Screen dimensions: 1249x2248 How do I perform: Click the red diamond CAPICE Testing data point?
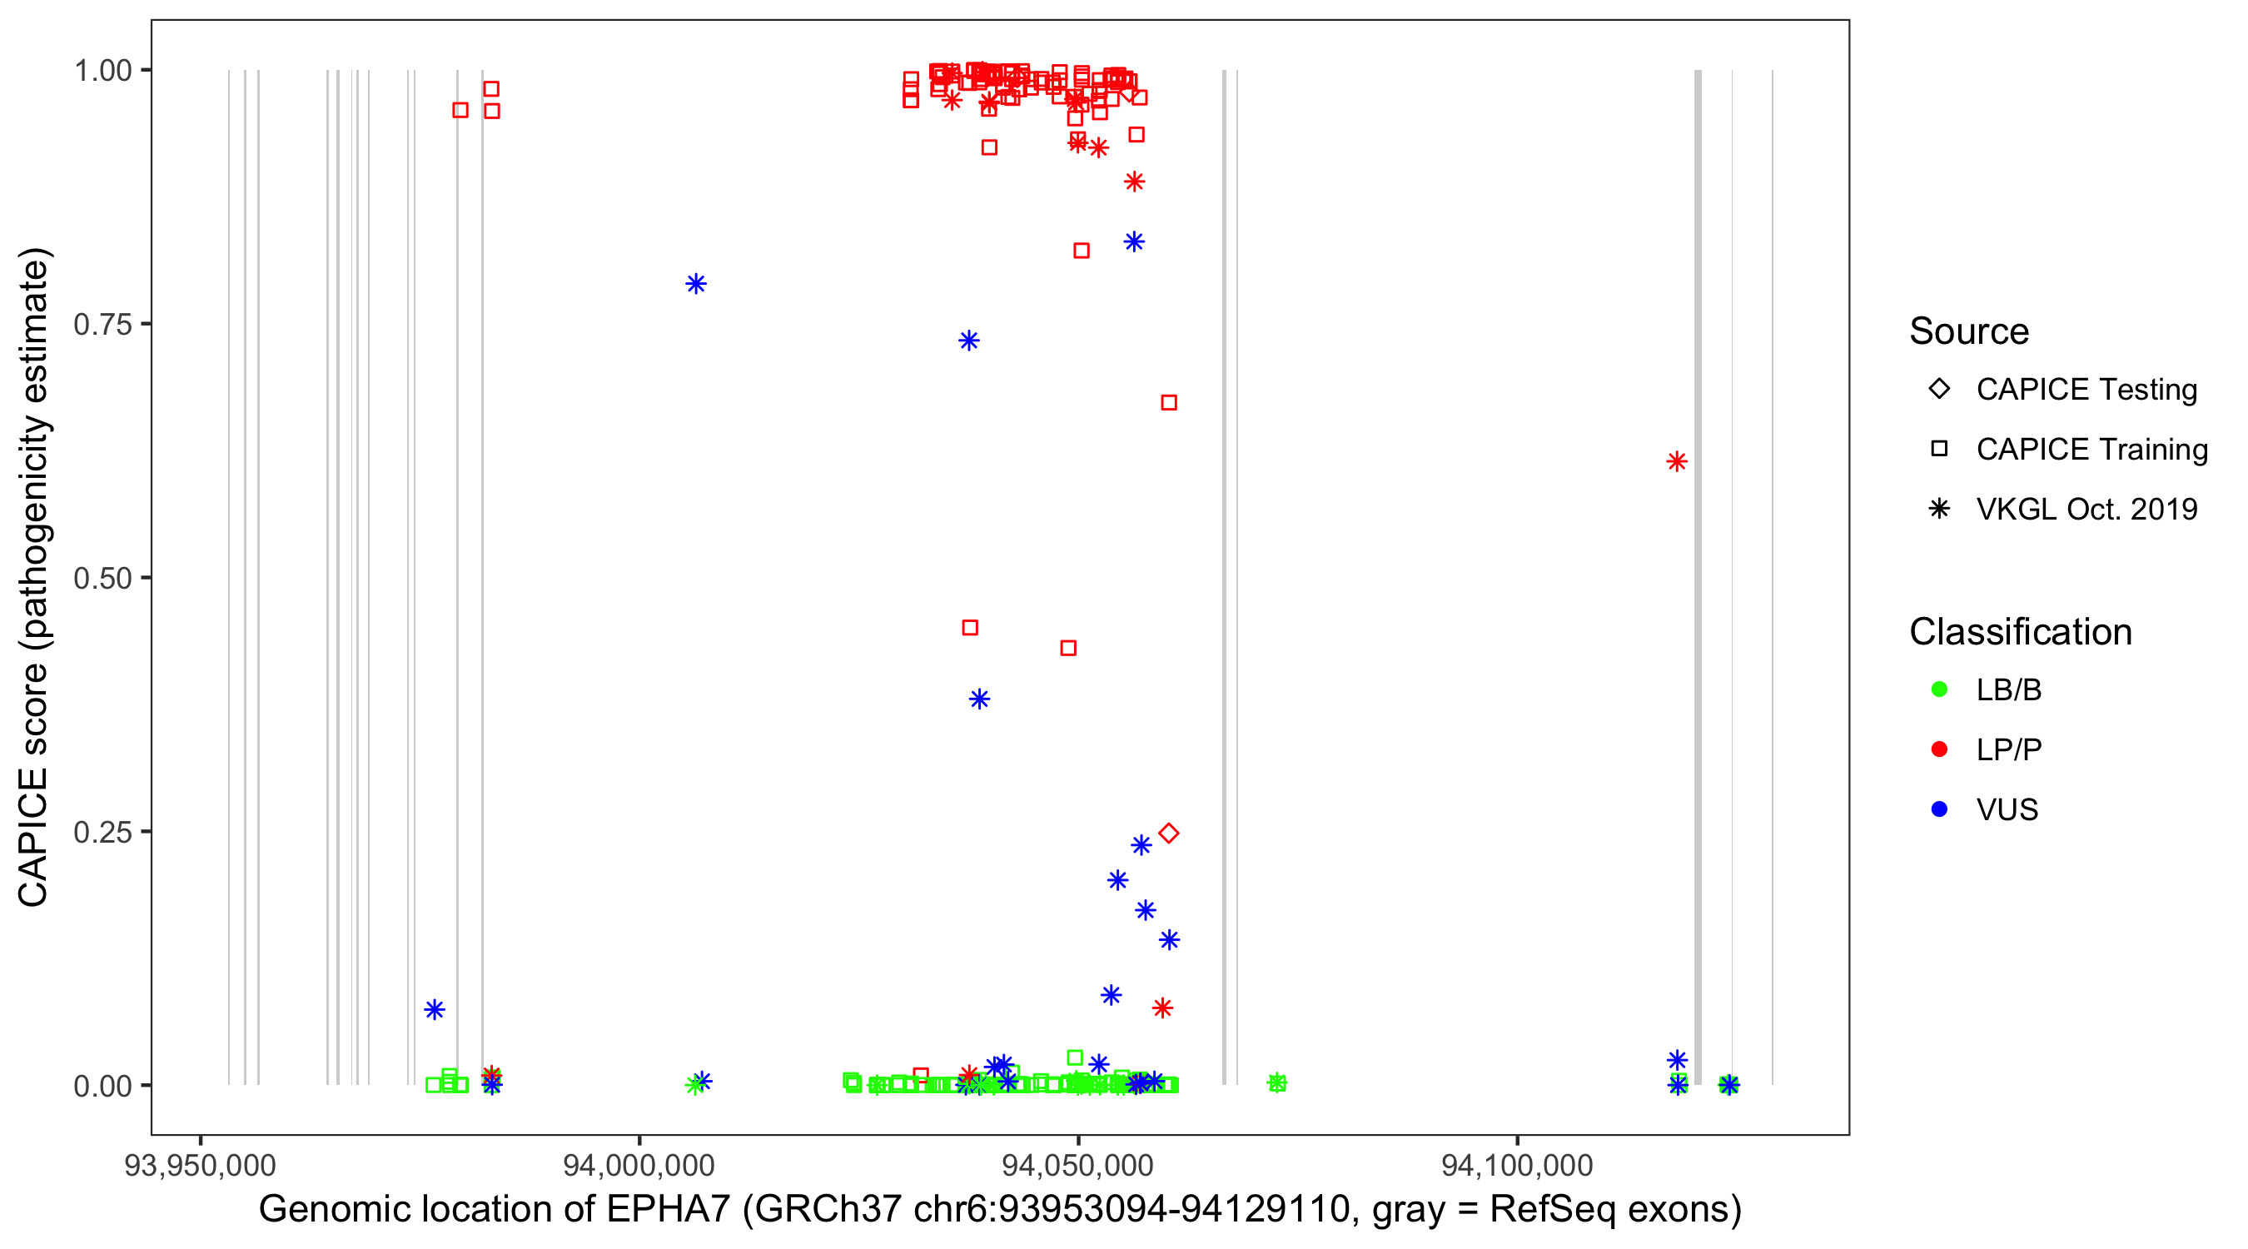pos(1168,833)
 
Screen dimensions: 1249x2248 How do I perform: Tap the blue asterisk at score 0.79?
pos(695,284)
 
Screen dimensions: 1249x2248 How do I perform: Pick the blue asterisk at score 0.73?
pos(968,341)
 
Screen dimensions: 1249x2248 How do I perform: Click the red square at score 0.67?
pos(1168,402)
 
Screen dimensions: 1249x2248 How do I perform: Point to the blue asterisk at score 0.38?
pos(979,699)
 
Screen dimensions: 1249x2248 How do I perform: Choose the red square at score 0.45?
pos(969,628)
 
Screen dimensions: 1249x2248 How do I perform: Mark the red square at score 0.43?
pos(1068,648)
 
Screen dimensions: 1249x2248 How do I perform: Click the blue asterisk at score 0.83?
pos(1134,241)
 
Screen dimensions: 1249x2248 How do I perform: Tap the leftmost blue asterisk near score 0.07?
pos(435,1010)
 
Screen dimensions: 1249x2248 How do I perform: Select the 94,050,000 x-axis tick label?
pos(1077,1165)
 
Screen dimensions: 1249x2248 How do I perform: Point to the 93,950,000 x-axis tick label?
pos(200,1165)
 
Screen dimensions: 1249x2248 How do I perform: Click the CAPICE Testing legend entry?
pos(2086,390)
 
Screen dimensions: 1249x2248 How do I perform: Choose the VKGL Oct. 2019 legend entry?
pos(2086,509)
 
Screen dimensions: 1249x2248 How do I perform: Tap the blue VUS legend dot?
pos(1939,809)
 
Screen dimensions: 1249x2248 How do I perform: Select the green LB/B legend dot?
pos(1939,689)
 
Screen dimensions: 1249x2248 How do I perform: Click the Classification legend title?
pos(2020,632)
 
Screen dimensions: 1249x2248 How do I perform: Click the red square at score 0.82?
pos(1082,251)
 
